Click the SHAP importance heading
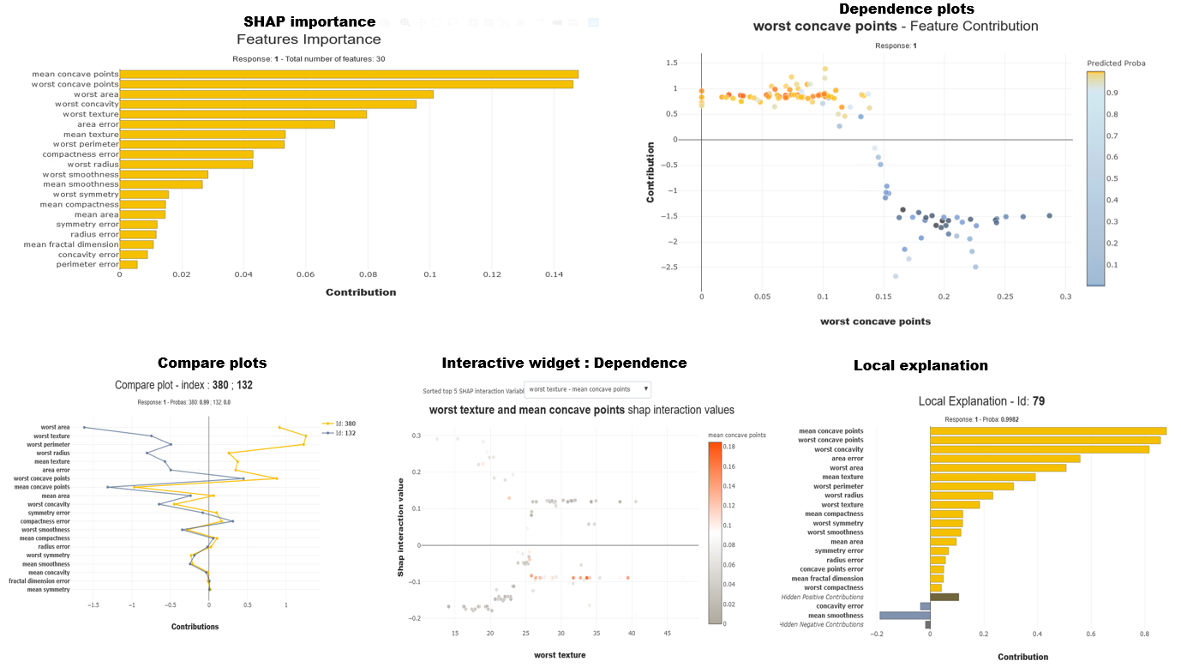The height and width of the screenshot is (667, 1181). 309,21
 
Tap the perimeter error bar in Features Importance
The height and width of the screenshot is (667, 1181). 129,264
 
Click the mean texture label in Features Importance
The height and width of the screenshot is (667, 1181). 91,135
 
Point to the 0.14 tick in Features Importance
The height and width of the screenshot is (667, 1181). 555,275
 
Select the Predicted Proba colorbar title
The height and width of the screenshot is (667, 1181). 1115,63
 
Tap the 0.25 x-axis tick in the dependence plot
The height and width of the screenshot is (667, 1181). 1005,297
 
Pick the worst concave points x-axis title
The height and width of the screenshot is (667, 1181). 875,321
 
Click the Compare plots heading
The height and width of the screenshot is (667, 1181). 212,364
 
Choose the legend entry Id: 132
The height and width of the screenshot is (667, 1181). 342,433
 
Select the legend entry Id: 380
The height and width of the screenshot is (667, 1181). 342,424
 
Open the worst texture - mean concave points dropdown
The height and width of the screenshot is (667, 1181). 587,389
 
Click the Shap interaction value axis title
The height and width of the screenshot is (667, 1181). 400,526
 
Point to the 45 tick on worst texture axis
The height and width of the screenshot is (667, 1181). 667,634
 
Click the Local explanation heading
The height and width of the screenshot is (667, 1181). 920,366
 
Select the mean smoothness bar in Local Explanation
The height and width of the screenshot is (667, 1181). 905,616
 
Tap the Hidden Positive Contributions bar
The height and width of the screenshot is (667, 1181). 944,597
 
